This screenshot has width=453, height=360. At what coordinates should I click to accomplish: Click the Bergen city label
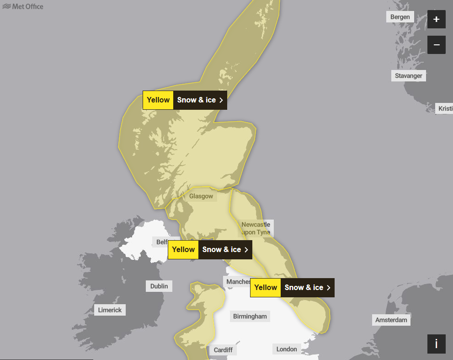coord(400,17)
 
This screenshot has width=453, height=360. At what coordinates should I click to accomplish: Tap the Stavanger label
coord(408,75)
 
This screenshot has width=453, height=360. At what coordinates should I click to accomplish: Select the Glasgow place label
coord(201,196)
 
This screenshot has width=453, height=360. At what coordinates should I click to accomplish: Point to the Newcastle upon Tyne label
coord(256,228)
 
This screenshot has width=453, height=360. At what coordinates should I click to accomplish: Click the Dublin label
coord(159,286)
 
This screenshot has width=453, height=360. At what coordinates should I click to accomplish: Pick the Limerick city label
coord(110,310)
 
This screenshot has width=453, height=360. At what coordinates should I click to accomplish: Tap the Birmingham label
coord(250,316)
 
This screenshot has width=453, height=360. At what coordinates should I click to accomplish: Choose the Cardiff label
coord(223,350)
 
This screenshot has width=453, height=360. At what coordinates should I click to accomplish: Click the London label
coord(287,349)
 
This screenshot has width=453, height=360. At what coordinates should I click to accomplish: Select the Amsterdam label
coord(391,320)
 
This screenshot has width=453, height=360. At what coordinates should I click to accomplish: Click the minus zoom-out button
coord(436,45)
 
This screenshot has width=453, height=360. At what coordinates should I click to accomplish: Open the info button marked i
coord(436,344)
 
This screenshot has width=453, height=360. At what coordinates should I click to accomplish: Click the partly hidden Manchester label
coord(237,282)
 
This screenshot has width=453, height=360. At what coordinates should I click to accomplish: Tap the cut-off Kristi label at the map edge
coord(445,108)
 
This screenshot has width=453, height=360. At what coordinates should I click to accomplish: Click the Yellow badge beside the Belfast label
coord(183,250)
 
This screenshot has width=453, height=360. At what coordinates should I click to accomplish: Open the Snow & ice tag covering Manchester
coord(307,288)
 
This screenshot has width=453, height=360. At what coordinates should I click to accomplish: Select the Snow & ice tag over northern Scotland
coord(200,100)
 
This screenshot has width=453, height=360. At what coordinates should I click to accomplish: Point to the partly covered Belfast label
coord(161,242)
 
